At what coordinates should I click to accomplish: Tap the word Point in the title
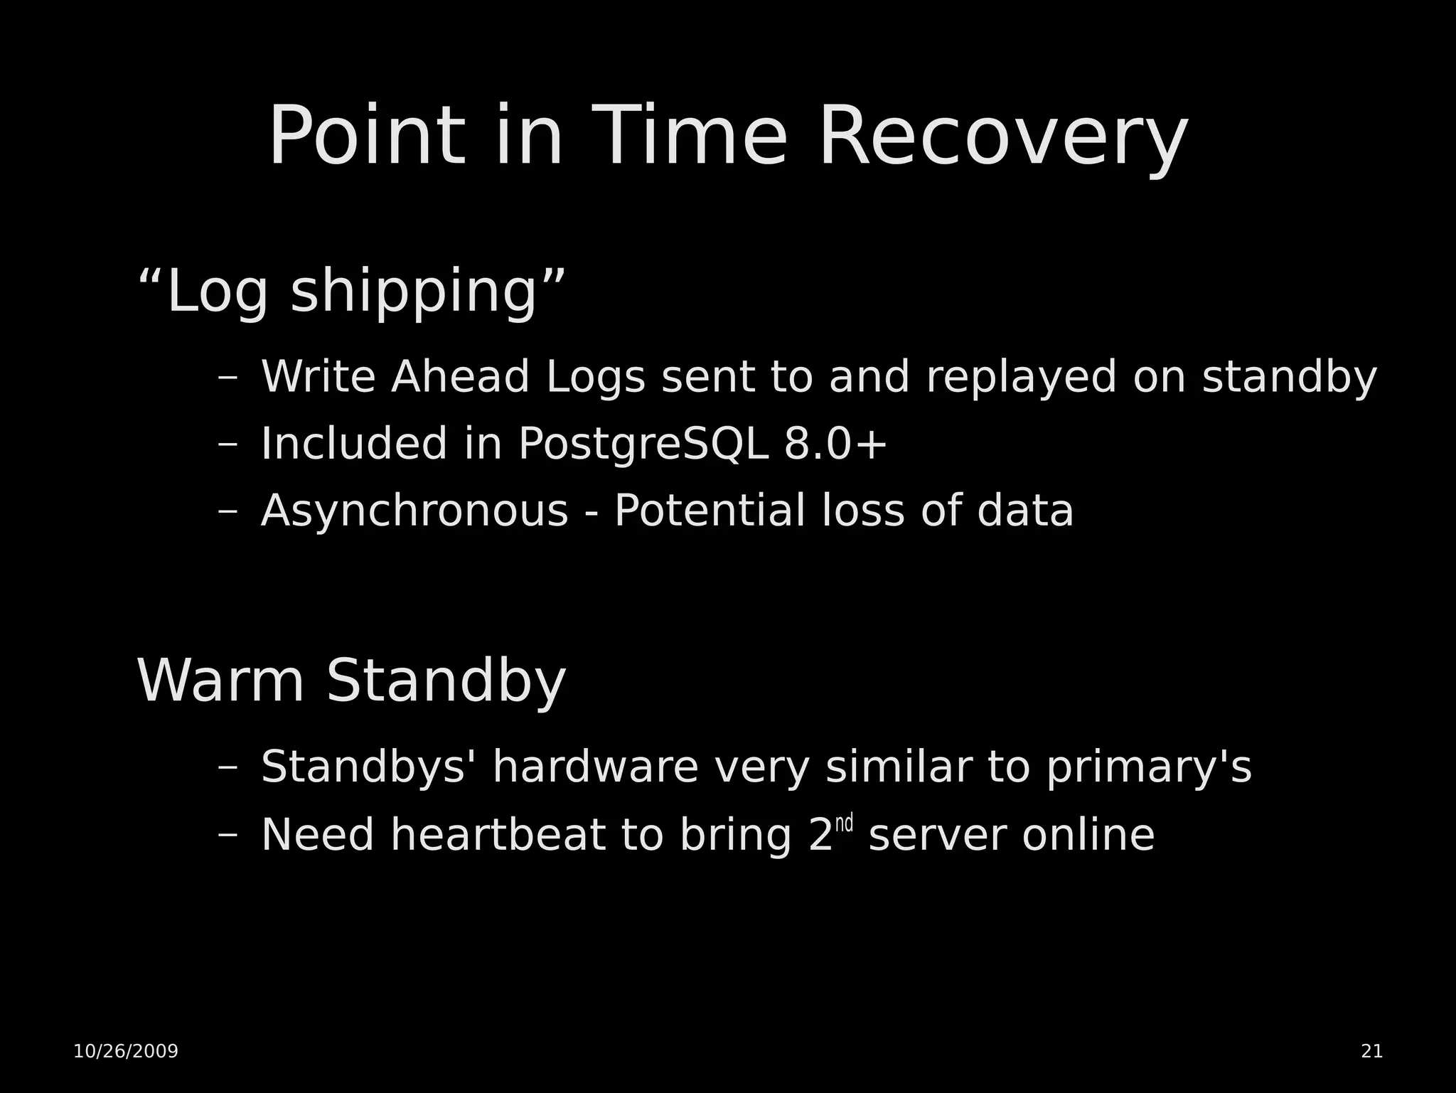[366, 137]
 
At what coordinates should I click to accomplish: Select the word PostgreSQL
[643, 444]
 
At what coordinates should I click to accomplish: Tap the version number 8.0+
[835, 444]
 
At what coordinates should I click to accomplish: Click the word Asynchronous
[414, 511]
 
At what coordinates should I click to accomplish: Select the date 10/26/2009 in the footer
[126, 1051]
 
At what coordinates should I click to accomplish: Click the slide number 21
[1371, 1051]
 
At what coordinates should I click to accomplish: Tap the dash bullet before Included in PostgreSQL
[227, 444]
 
